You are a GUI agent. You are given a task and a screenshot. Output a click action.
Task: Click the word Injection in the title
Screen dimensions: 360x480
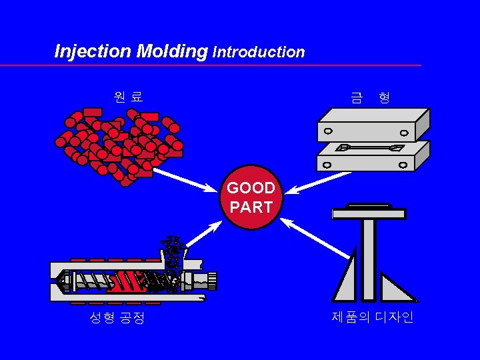(93, 51)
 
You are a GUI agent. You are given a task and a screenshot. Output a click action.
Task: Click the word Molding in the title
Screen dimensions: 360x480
(172, 51)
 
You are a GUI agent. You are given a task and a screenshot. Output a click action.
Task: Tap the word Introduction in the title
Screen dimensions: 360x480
(258, 52)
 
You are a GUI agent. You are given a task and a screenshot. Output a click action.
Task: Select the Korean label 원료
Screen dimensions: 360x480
(128, 97)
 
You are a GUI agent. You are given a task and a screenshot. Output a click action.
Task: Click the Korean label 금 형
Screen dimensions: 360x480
(370, 98)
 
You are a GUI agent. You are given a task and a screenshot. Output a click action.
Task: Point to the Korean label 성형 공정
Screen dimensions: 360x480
(117, 318)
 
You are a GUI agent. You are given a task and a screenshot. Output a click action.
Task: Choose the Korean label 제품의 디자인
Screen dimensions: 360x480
(373, 317)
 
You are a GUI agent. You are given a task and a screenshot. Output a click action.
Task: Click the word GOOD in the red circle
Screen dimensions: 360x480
(251, 189)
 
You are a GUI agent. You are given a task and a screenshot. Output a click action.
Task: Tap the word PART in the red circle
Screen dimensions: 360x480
(251, 207)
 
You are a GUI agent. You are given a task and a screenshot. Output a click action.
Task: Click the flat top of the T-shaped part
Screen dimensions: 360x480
(369, 213)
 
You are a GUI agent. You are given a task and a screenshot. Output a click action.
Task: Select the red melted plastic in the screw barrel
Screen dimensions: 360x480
(127, 281)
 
